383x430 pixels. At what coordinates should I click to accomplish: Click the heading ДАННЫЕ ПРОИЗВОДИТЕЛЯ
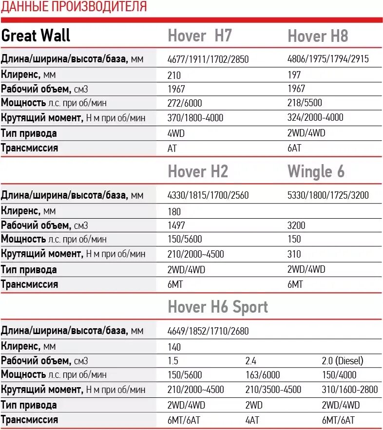coord(74,7)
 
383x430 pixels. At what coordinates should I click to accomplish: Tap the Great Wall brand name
coord(36,35)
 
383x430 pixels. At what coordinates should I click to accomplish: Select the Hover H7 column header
coord(200,36)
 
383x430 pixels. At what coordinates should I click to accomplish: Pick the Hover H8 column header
coord(318,36)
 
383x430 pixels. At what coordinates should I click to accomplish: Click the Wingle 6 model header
coord(316,171)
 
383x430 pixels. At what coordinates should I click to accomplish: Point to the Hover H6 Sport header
coord(218,307)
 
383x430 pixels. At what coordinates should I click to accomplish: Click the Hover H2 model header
coord(198,171)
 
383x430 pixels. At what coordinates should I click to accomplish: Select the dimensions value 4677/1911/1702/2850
coord(208,60)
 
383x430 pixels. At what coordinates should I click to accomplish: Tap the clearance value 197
coord(294,75)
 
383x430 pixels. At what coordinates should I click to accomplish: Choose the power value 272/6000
coord(184,103)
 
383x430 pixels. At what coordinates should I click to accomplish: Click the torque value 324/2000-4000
coord(315,117)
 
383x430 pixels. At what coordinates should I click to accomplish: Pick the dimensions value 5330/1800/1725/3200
coord(328,195)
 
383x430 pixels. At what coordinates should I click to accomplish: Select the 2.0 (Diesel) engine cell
coord(343,361)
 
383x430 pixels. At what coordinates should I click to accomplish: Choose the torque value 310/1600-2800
coord(350,390)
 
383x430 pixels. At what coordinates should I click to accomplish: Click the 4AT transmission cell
coord(252,420)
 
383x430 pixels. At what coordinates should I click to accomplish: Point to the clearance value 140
coord(173,347)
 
